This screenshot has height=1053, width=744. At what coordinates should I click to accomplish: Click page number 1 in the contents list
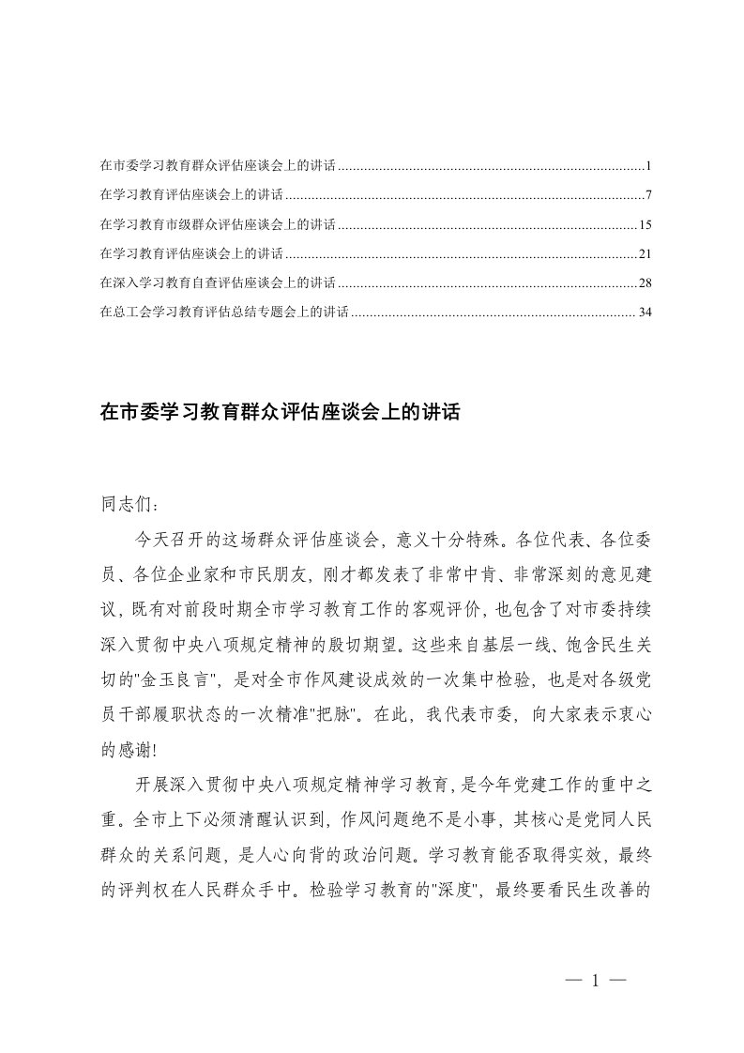(x=648, y=166)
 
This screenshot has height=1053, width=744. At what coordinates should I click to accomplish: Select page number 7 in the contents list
(x=648, y=195)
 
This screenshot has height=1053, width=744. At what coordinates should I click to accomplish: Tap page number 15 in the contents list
(x=644, y=224)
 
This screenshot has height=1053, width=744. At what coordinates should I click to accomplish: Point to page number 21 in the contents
(x=644, y=253)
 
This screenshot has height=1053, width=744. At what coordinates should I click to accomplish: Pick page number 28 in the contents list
(x=644, y=282)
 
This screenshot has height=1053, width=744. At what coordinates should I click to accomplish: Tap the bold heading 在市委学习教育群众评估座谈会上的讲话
(x=280, y=412)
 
